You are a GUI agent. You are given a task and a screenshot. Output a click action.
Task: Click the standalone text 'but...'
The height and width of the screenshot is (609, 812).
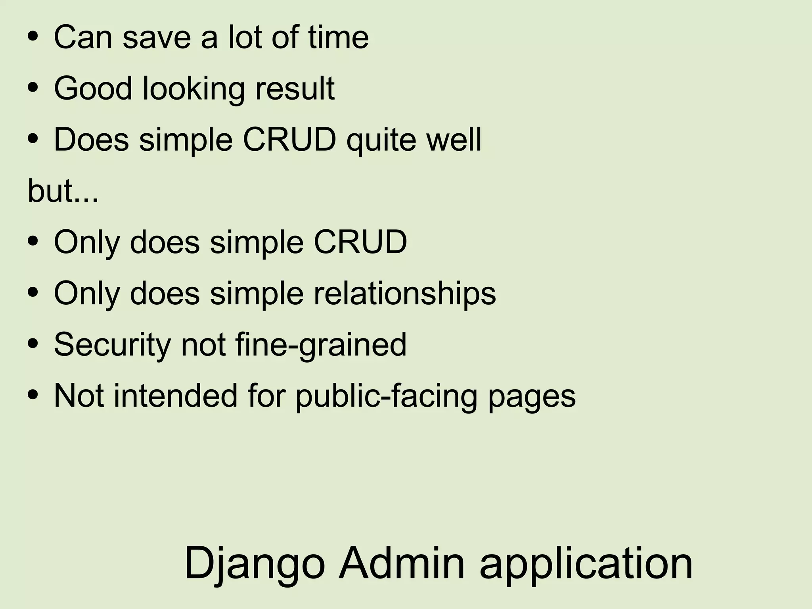pos(63,191)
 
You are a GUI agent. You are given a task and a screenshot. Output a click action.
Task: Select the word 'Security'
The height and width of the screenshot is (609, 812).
pos(112,345)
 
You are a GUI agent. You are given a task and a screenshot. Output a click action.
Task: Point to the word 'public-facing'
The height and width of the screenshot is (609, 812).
pos(387,396)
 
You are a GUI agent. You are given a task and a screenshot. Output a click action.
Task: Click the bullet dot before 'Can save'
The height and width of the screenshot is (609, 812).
pos(33,37)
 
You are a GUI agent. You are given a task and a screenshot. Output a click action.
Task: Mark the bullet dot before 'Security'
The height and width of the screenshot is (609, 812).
pos(33,344)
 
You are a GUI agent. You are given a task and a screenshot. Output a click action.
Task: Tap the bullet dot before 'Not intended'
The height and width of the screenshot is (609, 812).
pos(33,395)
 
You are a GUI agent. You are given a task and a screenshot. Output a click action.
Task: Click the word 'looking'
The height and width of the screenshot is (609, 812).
pos(193,89)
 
